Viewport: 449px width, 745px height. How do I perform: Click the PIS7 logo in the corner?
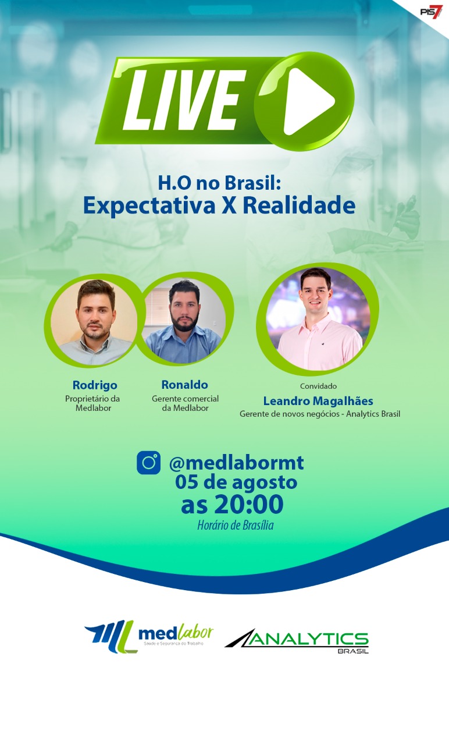click(x=432, y=11)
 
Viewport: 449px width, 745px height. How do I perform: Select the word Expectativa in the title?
click(x=149, y=205)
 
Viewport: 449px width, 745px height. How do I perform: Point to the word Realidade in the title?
click(x=299, y=205)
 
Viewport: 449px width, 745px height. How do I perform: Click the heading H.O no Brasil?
click(x=219, y=183)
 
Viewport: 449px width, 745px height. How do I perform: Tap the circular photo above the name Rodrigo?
click(x=94, y=321)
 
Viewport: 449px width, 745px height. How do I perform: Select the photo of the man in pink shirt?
click(x=319, y=318)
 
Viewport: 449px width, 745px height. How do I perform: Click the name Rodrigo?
click(x=95, y=385)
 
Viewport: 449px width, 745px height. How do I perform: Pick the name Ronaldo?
click(x=185, y=385)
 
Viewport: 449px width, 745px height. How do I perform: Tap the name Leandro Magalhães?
click(x=318, y=401)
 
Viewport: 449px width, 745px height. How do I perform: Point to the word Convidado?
click(x=318, y=386)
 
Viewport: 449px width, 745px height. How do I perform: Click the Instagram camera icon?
click(x=148, y=462)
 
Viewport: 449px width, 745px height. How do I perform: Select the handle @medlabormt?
click(x=236, y=463)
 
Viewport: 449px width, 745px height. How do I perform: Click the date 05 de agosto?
click(x=236, y=482)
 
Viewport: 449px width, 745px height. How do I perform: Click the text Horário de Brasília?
click(x=236, y=525)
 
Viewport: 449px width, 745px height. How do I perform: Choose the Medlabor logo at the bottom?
click(x=149, y=637)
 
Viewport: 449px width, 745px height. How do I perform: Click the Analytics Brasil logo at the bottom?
click(x=297, y=641)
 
